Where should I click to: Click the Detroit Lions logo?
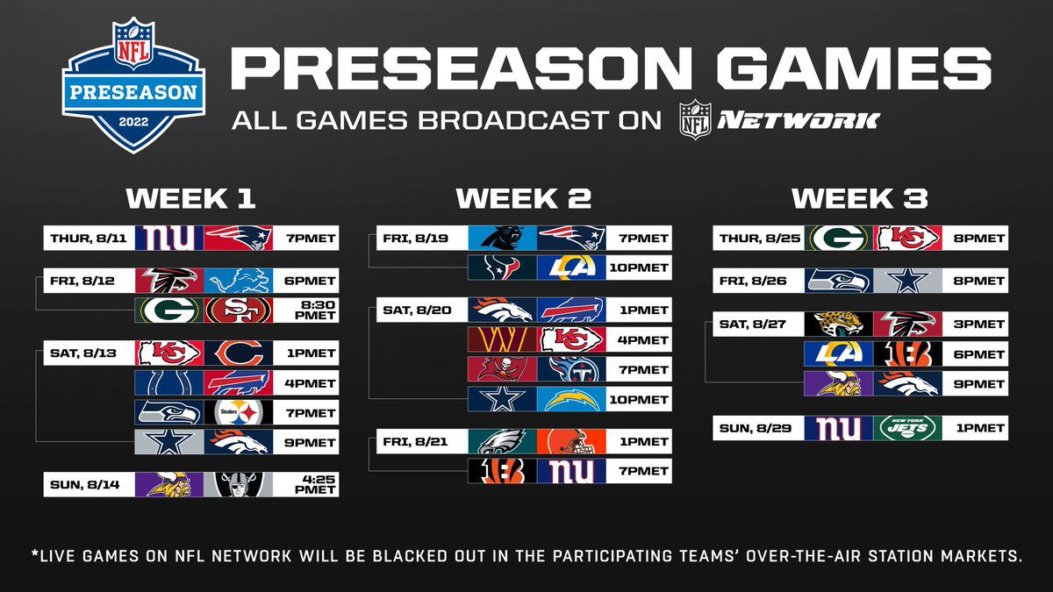pyautogui.click(x=239, y=281)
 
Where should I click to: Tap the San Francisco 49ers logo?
pyautogui.click(x=239, y=310)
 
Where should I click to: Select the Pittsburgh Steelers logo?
pyautogui.click(x=239, y=412)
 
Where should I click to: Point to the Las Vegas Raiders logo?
pyautogui.click(x=239, y=484)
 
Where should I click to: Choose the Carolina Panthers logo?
pyautogui.click(x=503, y=238)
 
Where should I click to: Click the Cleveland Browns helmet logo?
pyautogui.click(x=571, y=441)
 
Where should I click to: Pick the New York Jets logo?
pyautogui.click(x=907, y=428)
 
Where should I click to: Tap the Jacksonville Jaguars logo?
pyautogui.click(x=839, y=324)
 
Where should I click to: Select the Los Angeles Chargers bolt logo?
pyautogui.click(x=571, y=399)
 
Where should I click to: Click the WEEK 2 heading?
pyautogui.click(x=524, y=198)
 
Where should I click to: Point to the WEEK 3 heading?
pyautogui.click(x=860, y=198)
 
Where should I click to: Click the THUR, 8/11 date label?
pyautogui.click(x=89, y=239)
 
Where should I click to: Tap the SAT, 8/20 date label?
pyautogui.click(x=417, y=310)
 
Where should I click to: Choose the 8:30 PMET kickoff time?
pyautogui.click(x=314, y=310)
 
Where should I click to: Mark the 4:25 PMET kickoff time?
pyautogui.click(x=314, y=484)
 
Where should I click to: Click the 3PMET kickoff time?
pyautogui.click(x=978, y=325)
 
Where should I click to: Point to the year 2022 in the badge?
pyautogui.click(x=133, y=122)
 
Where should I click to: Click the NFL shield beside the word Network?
pyautogui.click(x=695, y=119)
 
